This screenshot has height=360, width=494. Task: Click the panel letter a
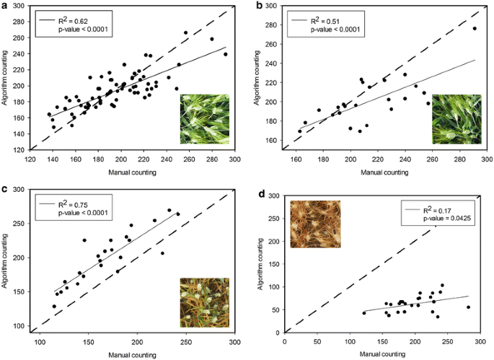4,5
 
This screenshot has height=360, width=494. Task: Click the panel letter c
4,190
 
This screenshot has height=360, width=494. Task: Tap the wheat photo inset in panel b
456,119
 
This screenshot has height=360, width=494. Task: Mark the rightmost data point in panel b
475,29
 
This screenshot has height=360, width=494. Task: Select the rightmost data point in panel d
468,307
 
